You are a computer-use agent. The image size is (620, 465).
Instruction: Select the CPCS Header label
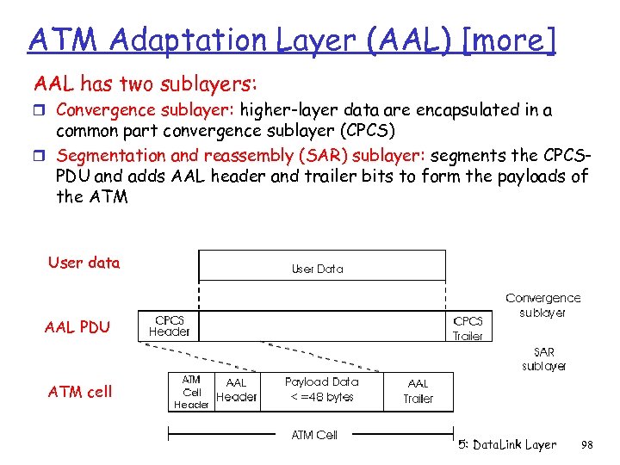[170, 325]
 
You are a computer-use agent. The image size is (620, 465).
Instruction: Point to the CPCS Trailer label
[468, 328]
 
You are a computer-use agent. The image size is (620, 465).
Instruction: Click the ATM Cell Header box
[191, 392]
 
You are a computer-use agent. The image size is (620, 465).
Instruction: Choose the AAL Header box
[236, 390]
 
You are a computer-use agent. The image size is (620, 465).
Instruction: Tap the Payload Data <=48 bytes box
[321, 389]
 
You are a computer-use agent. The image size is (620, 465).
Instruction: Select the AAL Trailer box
[418, 391]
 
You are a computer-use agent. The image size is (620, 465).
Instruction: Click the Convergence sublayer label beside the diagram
[542, 305]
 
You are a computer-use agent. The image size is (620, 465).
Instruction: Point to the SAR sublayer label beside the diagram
[543, 359]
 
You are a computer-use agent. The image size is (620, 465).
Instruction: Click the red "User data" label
[84, 263]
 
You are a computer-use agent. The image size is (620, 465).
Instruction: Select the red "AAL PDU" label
[77, 327]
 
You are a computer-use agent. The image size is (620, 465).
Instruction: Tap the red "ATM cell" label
[80, 392]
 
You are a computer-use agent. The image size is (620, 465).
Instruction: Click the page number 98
[587, 444]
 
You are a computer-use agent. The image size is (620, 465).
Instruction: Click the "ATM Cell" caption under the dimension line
[314, 435]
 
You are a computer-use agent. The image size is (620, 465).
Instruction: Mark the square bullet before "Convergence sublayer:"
[40, 111]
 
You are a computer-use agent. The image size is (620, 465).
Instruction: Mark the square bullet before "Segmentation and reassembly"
[40, 157]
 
